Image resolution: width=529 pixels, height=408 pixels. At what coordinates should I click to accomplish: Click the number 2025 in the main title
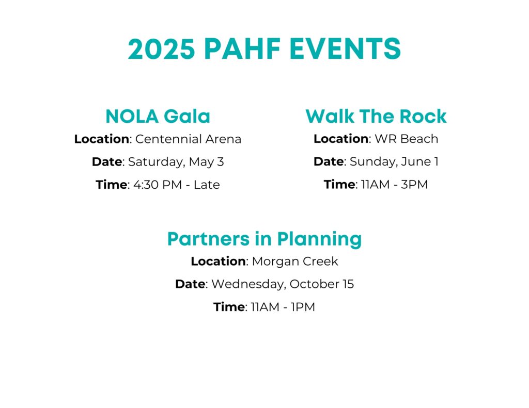point(161,49)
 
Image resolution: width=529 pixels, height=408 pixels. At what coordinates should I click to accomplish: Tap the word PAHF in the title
point(242,49)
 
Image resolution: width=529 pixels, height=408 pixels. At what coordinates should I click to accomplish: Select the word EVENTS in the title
point(345,49)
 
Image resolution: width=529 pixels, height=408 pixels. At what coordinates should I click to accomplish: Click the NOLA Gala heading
point(158,116)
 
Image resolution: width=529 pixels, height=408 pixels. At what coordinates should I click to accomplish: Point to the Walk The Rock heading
point(376,116)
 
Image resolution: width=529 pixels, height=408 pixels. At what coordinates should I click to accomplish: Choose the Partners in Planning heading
point(264,239)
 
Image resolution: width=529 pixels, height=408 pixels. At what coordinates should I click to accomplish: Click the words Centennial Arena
point(188,139)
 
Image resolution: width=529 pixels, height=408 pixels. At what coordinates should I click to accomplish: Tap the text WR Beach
point(406,138)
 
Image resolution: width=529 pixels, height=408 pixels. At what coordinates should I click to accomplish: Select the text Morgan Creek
point(295,261)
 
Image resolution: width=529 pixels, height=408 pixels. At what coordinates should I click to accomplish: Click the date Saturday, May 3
point(176,162)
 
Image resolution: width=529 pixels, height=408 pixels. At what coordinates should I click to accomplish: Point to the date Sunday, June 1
point(394,161)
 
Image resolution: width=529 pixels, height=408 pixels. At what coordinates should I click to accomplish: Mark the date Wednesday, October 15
point(283,284)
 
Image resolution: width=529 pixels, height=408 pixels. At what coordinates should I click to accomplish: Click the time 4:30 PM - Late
point(177,185)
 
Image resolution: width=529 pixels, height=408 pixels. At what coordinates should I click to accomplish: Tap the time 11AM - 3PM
point(394,184)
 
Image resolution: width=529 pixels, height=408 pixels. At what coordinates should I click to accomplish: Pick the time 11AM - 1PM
point(283,307)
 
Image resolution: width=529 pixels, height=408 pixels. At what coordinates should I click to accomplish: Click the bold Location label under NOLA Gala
point(102,139)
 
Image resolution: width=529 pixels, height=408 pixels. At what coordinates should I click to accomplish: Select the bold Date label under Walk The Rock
point(329,161)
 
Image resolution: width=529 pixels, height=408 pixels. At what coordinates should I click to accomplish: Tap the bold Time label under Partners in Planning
point(229,307)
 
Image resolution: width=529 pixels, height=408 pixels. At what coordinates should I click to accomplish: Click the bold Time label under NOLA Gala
point(112,185)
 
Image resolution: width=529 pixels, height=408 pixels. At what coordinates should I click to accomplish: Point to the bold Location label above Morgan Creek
point(219,261)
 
